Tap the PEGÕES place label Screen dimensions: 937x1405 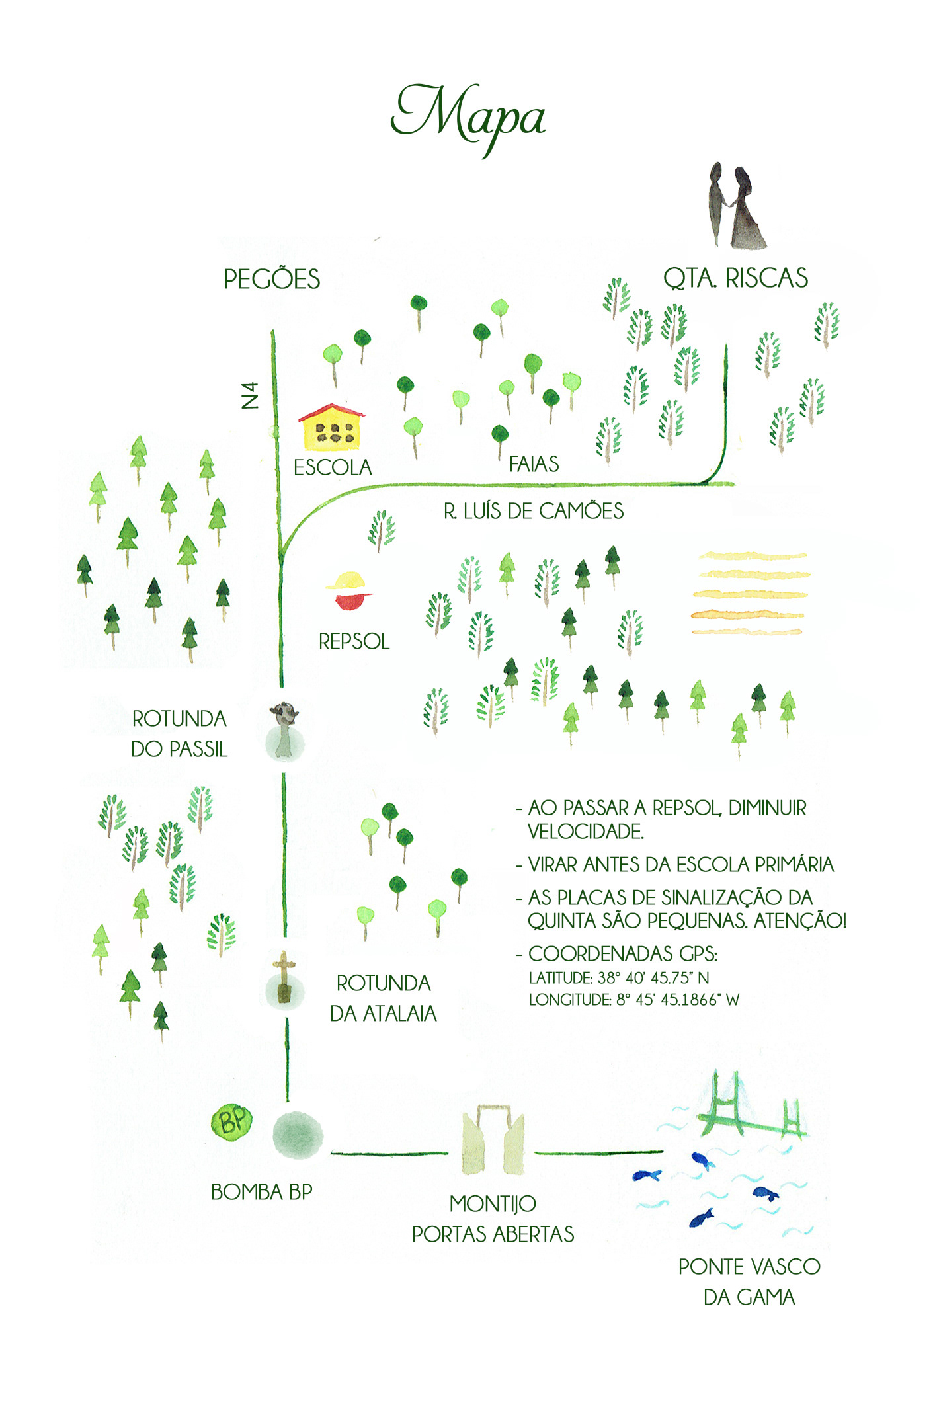(272, 279)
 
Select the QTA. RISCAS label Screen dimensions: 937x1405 (735, 278)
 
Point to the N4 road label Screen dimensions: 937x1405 (250, 395)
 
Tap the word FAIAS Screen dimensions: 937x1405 (534, 464)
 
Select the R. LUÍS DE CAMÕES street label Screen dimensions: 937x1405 (533, 511)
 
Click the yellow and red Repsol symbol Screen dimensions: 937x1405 (348, 590)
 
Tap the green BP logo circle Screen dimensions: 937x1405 (231, 1121)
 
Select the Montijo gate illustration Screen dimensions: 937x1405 (493, 1139)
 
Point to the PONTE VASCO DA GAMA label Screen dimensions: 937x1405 (749, 1281)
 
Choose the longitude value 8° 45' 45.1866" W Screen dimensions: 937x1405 (678, 1000)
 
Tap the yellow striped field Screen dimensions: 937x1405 (750, 594)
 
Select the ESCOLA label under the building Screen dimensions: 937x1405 (333, 467)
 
